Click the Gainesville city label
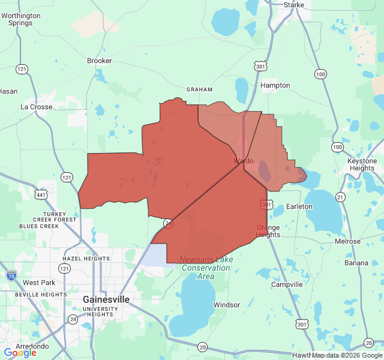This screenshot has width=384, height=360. click(x=106, y=299)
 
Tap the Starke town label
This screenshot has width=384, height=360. click(x=294, y=5)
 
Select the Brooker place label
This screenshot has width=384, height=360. click(x=100, y=61)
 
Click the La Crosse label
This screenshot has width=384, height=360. click(x=37, y=107)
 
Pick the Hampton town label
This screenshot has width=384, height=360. click(x=275, y=85)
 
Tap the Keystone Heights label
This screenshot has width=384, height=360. click(x=361, y=164)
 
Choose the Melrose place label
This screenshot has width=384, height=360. click(x=348, y=241)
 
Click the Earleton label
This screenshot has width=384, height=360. click(x=299, y=206)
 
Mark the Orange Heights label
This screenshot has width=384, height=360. click(x=268, y=231)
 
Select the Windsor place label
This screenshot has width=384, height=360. click(x=227, y=305)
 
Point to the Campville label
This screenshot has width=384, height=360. click(x=287, y=284)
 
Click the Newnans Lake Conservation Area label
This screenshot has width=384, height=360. click(x=206, y=268)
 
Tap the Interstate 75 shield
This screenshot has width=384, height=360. click(x=11, y=275)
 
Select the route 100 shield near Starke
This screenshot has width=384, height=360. click(x=320, y=74)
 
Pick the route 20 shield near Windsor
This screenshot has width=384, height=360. click(x=202, y=347)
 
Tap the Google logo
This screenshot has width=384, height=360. click(x=20, y=353)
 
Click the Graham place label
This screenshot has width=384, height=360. click(x=200, y=89)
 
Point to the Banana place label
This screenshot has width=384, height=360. click(x=356, y=263)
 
